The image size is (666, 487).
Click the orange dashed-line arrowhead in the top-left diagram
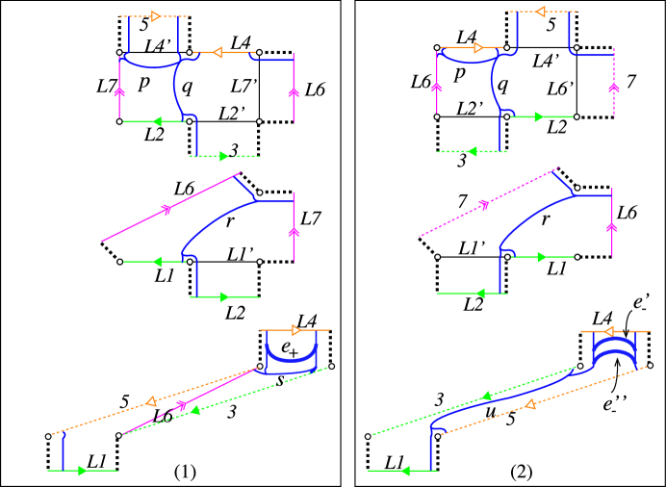click(156, 16)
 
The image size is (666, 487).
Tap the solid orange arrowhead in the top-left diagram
click(218, 52)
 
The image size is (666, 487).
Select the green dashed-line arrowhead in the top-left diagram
click(224, 156)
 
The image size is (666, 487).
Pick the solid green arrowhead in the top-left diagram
click(154, 121)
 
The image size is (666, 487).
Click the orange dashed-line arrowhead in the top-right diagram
click(541, 12)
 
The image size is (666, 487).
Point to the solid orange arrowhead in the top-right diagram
click(478, 47)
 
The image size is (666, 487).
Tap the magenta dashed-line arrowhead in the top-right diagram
click(614, 88)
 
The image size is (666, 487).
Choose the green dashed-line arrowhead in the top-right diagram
click(472, 151)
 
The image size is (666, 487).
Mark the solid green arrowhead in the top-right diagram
click(540, 116)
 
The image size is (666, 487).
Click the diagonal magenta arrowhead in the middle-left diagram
click(167, 209)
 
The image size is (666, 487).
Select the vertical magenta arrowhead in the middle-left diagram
click(294, 232)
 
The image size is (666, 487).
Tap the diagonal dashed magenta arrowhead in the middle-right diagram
click(485, 204)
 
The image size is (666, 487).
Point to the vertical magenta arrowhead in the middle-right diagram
click(611, 227)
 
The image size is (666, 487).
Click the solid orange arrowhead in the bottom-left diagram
click(296, 330)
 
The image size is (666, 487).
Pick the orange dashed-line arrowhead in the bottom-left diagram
click(151, 401)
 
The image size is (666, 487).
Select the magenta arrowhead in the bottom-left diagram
click(182, 405)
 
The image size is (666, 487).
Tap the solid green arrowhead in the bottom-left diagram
click(83, 471)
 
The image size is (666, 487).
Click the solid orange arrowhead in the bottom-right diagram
click(609, 331)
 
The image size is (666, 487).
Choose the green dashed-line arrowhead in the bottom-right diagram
click(487, 395)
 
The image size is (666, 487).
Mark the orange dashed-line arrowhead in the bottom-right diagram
click(529, 404)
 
